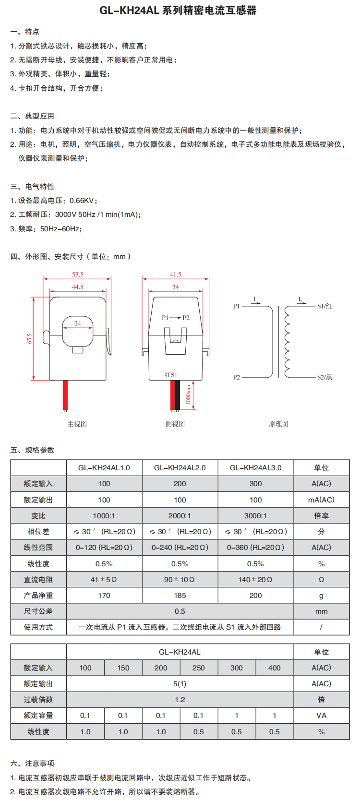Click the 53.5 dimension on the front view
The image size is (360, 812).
[78, 275]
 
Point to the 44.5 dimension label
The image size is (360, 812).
[78, 287]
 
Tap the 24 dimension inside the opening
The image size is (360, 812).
[78, 323]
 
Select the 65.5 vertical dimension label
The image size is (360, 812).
[29, 339]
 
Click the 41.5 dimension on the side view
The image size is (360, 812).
[175, 275]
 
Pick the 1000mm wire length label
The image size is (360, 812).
[189, 394]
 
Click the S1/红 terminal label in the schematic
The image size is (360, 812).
[324, 306]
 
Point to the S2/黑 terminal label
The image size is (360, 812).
[324, 377]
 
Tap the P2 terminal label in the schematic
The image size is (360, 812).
[236, 377]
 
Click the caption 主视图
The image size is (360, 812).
[77, 424]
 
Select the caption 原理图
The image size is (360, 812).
[278, 424]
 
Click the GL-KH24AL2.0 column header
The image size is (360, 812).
[180, 468]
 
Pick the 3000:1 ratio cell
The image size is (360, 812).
[255, 516]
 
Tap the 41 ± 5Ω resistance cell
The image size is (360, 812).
[104, 580]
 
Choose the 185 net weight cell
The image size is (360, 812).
[180, 596]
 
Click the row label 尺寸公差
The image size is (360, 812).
[38, 611]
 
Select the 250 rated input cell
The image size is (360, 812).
[199, 668]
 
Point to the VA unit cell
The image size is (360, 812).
[322, 716]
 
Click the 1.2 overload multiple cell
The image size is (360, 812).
[180, 700]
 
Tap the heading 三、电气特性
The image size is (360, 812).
[32, 187]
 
